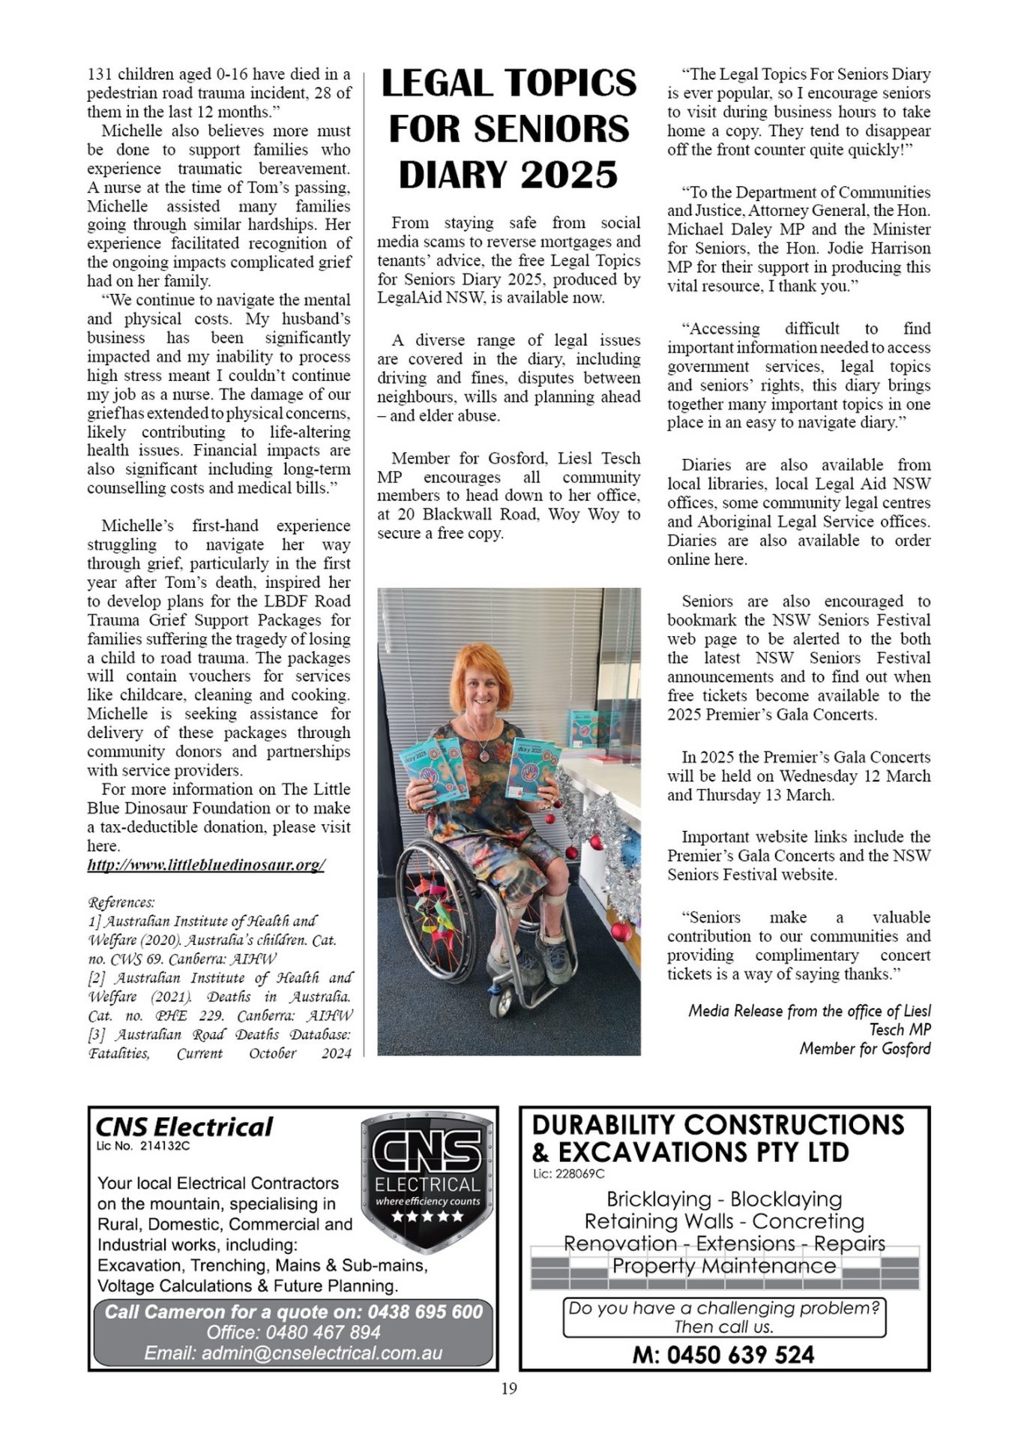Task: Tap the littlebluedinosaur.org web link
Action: click(206, 865)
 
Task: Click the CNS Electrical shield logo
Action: click(427, 1181)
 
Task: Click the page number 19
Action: click(509, 1388)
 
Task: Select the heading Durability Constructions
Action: click(718, 1125)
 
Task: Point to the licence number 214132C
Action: click(165, 1146)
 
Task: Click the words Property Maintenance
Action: click(723, 1265)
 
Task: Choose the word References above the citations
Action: click(121, 901)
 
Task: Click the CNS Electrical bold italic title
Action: click(184, 1126)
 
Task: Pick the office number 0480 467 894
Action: click(331, 1332)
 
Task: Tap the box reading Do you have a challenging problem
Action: click(723, 1317)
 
